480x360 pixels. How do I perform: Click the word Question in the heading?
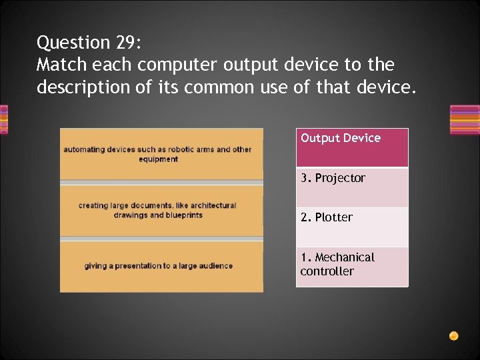point(73,43)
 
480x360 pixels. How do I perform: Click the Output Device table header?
point(352,147)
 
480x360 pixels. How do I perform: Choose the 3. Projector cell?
point(352,187)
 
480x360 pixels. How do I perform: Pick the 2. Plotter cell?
point(352,227)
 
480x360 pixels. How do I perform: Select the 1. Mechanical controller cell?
point(352,267)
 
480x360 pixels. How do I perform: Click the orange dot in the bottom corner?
point(453,335)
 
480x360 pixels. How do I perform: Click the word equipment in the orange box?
point(158,159)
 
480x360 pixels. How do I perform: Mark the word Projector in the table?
point(340,178)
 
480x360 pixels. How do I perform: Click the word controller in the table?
point(327,271)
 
